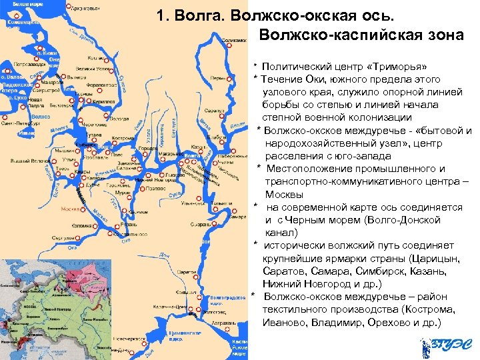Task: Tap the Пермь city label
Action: [x=217, y=77]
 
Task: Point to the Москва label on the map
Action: [x=70, y=209]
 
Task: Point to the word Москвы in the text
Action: [x=285, y=195]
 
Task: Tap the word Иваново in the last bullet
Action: [x=289, y=322]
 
